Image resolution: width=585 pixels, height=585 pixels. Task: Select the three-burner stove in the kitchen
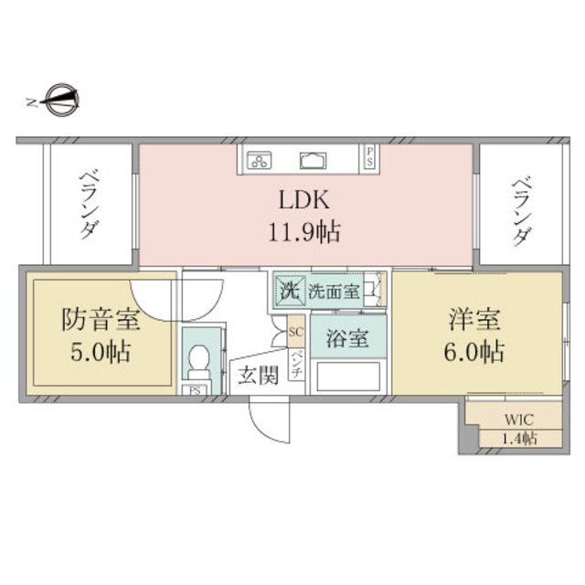259,161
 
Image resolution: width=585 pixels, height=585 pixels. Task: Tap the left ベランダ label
88,203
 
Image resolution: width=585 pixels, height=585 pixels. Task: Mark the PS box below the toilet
195,390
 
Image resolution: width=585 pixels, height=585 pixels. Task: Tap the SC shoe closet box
296,331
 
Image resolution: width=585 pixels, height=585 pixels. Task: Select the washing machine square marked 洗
288,293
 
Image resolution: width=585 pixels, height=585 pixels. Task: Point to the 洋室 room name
474,321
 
